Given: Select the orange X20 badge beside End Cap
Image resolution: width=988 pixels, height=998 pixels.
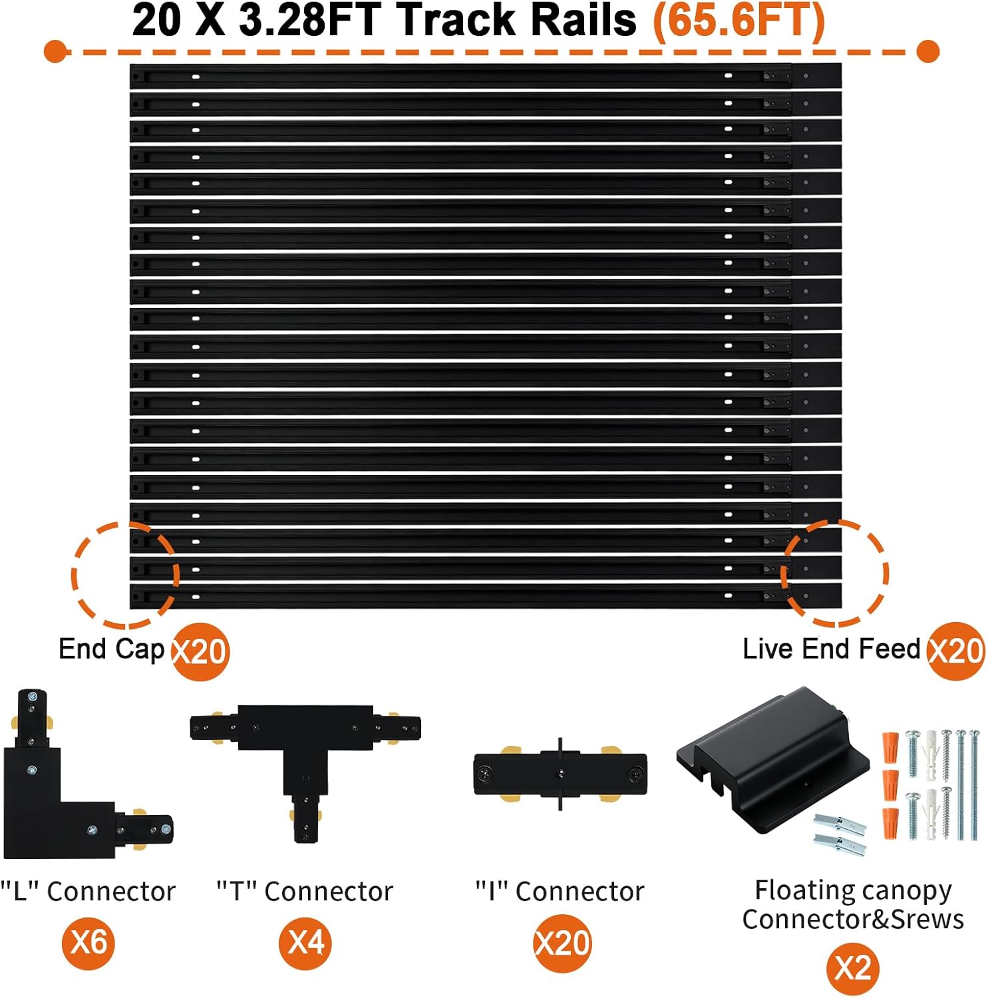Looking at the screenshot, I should tap(200, 651).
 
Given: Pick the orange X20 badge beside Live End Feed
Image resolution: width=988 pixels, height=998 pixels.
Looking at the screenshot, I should tap(956, 651).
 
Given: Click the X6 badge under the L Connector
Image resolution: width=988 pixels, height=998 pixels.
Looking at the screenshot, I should tap(88, 942).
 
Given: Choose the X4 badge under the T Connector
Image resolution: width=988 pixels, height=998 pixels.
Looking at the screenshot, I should tap(306, 942).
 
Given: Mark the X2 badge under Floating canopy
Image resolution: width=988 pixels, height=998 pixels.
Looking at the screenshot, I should tap(852, 968).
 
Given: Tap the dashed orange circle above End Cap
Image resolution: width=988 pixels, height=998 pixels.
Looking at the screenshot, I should tap(125, 574).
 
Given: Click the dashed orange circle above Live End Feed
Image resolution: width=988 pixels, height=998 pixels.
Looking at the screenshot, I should tap(834, 574).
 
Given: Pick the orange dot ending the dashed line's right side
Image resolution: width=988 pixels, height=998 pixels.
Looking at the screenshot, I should tap(927, 51).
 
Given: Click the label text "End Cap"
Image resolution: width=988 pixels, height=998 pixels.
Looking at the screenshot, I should tap(111, 649).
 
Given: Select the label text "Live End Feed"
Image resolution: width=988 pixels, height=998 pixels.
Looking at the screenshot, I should tap(831, 649).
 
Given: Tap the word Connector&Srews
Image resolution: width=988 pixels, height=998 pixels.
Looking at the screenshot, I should tap(853, 919).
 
